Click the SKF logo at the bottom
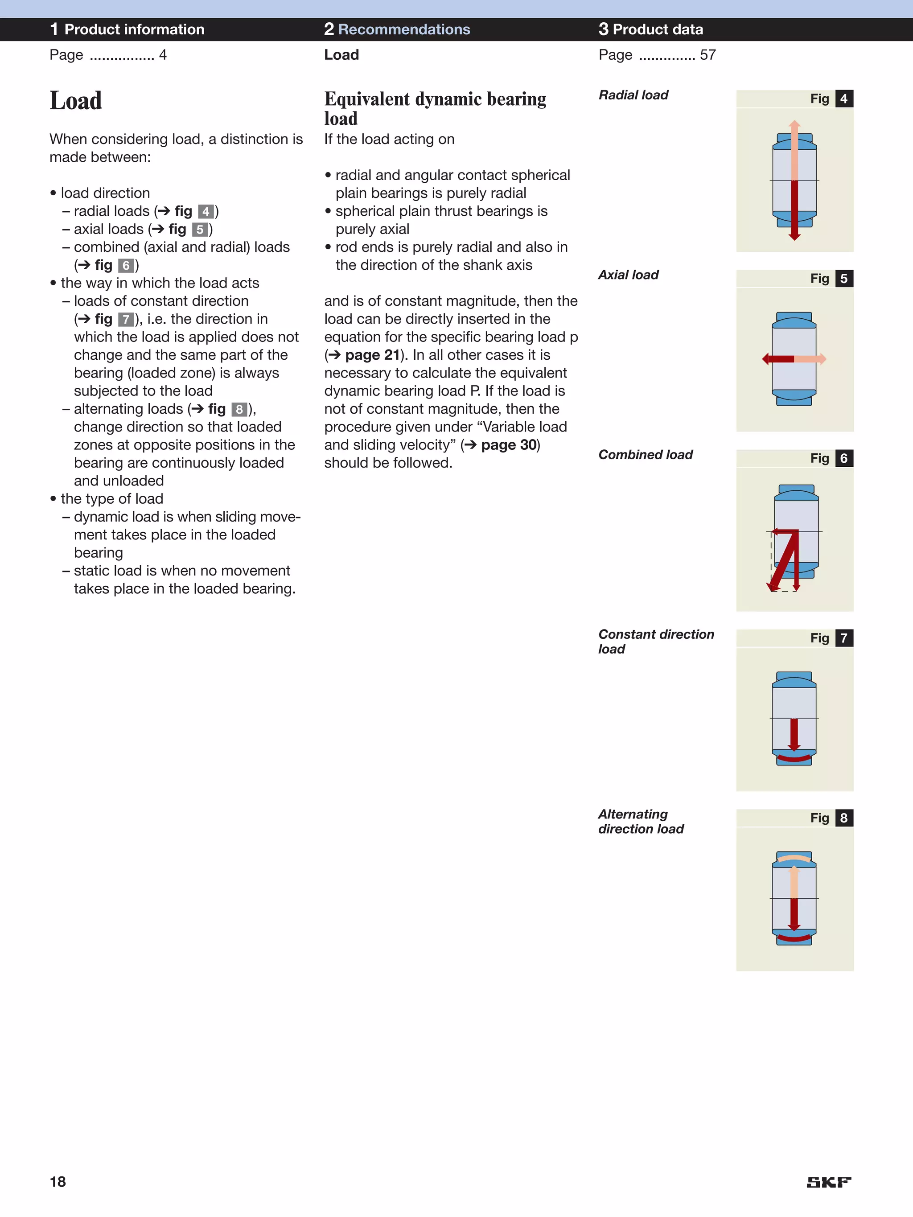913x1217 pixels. tap(828, 1182)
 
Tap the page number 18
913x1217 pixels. tap(58, 1182)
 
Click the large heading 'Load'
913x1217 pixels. tap(76, 101)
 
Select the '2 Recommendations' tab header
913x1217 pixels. tap(397, 29)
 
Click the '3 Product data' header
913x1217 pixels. tap(650, 29)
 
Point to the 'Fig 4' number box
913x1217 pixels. tap(843, 99)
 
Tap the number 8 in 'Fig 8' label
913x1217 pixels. tap(843, 818)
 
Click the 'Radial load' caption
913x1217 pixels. tap(633, 95)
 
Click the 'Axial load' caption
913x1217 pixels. tap(628, 275)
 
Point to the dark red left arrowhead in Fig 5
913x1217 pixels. tap(766, 359)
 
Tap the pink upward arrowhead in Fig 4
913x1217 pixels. tap(794, 124)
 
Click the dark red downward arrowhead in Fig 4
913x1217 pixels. tap(794, 236)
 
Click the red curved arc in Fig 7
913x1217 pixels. tap(794, 759)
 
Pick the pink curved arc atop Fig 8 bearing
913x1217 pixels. tap(794, 858)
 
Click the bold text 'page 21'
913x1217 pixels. tap(372, 355)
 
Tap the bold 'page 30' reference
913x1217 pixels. tap(509, 445)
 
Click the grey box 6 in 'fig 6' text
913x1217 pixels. tap(126, 266)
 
